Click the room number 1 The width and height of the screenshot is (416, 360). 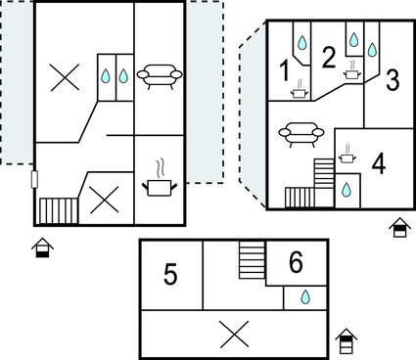[x=285, y=71]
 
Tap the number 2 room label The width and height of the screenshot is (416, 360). [x=329, y=58]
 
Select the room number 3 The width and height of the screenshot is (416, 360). [x=393, y=80]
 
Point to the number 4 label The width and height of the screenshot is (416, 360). [x=379, y=164]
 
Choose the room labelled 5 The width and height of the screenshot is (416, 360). [x=170, y=274]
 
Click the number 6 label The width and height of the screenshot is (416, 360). [x=296, y=262]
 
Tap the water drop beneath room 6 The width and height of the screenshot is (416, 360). [x=305, y=297]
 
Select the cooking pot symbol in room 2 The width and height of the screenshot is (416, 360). [x=351, y=70]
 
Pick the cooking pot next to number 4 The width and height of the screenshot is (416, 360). [x=347, y=155]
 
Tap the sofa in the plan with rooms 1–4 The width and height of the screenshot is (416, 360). [x=301, y=134]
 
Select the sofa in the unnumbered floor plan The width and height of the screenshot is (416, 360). [x=160, y=76]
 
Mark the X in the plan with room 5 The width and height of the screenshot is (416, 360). [x=234, y=335]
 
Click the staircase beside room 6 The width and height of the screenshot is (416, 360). [x=252, y=260]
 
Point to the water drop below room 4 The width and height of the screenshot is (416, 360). [x=347, y=190]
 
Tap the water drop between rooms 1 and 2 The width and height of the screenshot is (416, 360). [x=302, y=42]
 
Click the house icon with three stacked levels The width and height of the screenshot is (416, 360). [x=347, y=341]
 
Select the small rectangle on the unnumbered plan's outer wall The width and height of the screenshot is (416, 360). [x=34, y=179]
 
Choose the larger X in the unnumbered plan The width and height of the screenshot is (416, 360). [x=65, y=77]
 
